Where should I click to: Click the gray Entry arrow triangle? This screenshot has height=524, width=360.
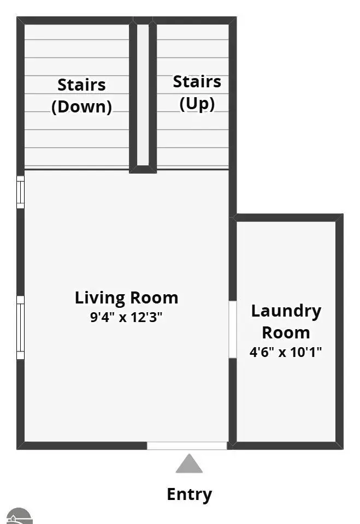pos(189,463)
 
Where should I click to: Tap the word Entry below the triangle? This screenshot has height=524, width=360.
pos(190,495)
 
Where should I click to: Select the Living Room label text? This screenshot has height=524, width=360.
pos(127,298)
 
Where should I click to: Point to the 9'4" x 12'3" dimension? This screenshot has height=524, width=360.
pos(126,317)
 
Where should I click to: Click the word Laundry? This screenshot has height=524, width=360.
pos(286,312)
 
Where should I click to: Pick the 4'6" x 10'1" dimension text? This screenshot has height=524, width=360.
pos(286,352)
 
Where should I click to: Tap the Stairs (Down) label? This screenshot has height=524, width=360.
pos(81,96)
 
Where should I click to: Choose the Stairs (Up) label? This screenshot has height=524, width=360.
pos(197,93)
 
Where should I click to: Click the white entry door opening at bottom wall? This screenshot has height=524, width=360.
pos(187,445)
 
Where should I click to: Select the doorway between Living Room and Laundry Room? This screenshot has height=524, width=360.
pos(233,330)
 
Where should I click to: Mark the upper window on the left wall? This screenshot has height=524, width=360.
pos(20,192)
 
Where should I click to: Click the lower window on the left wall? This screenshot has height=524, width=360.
pos(20,327)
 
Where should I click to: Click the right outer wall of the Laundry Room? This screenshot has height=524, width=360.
pos(340,331)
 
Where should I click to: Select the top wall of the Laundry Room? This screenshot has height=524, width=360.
pos(288,218)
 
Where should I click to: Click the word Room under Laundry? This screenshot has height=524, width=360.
pos(286,332)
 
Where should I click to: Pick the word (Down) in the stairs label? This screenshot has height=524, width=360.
pos(81,107)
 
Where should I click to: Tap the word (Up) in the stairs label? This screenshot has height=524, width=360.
pos(197,104)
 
